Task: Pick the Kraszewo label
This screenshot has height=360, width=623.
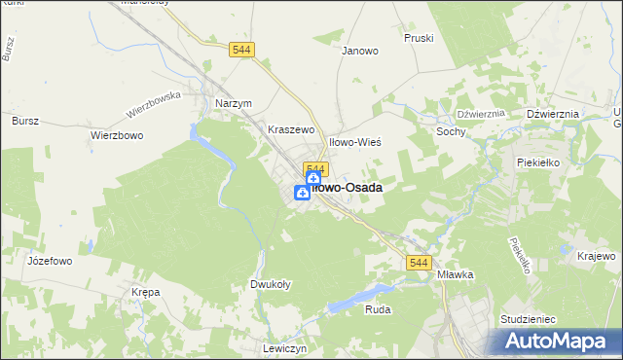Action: tap(291, 128)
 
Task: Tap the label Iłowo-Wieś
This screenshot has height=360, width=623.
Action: tap(354, 142)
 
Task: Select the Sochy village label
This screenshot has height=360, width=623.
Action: tap(452, 131)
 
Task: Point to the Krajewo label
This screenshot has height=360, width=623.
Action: tap(596, 255)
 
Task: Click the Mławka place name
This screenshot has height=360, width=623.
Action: tap(455, 274)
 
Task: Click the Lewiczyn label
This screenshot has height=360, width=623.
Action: tap(285, 348)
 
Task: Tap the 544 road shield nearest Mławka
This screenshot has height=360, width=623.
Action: tap(419, 264)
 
